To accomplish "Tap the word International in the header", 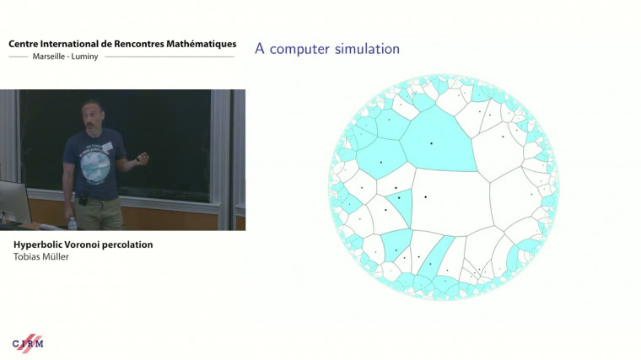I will click(x=74, y=44).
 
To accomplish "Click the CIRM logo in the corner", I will click(x=28, y=342).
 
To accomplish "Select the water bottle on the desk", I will click(x=72, y=223).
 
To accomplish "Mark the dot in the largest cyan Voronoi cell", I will click(x=431, y=143).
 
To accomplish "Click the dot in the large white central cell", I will click(x=426, y=197).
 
